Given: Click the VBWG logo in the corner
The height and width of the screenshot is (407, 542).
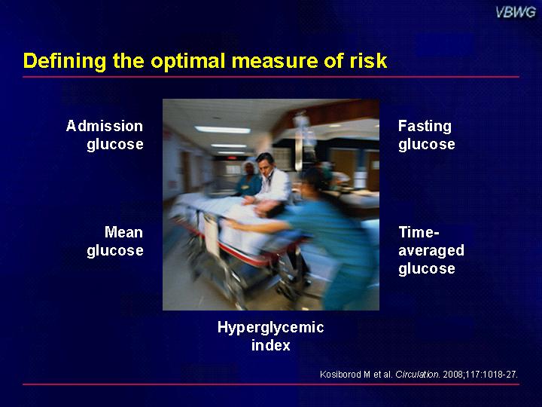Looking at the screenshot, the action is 516,13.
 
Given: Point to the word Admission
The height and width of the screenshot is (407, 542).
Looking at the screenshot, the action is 105,126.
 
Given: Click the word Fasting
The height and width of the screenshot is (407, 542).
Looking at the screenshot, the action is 425,127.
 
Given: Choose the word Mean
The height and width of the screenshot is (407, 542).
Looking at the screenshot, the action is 123,232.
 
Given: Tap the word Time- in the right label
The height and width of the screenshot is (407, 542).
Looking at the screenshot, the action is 419,232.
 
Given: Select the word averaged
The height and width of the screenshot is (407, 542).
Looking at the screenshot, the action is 431,251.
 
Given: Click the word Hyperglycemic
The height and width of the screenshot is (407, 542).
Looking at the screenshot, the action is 271,327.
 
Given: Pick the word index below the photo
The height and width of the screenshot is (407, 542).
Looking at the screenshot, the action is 271,345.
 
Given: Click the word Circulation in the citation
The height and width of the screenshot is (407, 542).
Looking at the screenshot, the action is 418,374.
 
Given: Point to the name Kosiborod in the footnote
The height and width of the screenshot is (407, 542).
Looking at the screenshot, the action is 341,374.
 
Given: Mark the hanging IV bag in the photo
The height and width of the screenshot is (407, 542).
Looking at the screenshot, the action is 300,129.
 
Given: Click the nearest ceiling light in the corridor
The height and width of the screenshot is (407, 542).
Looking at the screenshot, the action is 223,130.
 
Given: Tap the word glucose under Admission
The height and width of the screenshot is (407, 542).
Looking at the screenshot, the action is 115,145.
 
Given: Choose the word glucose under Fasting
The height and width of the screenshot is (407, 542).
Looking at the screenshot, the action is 427,145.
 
